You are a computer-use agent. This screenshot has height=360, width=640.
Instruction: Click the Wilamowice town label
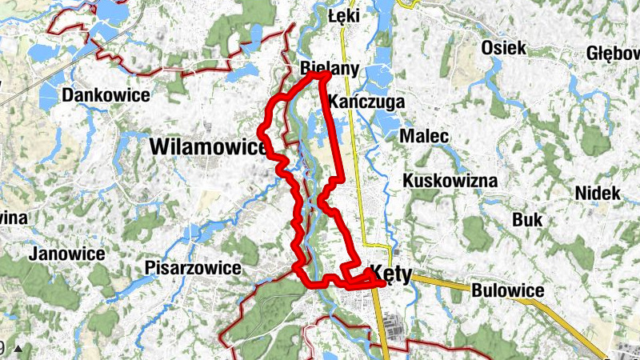coord(207,147)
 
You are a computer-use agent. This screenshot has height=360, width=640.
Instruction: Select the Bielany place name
coord(329,67)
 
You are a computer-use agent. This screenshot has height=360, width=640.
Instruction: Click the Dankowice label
coord(106,95)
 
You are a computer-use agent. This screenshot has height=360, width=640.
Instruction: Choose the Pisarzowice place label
coord(193,268)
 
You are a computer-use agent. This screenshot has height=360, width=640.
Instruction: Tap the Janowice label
coord(66,254)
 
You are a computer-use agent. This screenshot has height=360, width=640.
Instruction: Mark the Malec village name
coord(424,137)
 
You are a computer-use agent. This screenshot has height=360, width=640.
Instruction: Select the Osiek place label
coord(503,48)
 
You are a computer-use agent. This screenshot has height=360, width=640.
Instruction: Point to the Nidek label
coord(598,193)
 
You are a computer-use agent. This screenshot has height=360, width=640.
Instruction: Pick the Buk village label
coord(527,219)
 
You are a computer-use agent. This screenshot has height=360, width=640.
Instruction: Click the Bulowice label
coord(508,290)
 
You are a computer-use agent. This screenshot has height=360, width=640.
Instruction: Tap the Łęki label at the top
coord(345,16)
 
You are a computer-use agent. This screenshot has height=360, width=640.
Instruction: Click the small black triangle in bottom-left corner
coord(18,348)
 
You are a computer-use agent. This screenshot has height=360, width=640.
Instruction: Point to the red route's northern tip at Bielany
coord(323,74)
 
